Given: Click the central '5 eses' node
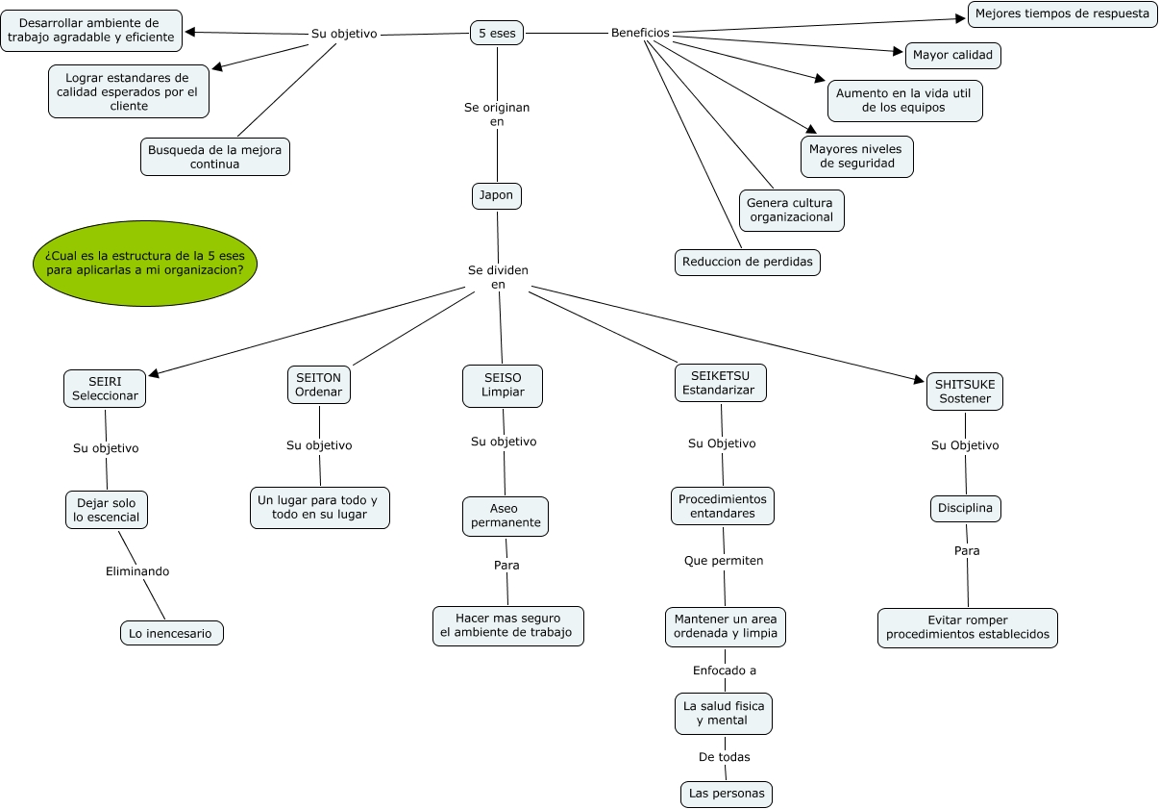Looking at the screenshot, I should pyautogui.click(x=497, y=33).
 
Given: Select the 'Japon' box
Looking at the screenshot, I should pyautogui.click(x=497, y=195).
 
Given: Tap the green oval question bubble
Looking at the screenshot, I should pyautogui.click(x=145, y=263).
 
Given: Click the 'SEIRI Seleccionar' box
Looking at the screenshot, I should pyautogui.click(x=106, y=389).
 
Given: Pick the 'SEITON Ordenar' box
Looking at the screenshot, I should pyautogui.click(x=318, y=385).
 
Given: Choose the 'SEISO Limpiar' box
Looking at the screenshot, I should pyautogui.click(x=503, y=385).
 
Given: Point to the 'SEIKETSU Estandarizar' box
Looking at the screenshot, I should pyautogui.click(x=721, y=383).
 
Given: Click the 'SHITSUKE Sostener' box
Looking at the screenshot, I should pyautogui.click(x=965, y=392).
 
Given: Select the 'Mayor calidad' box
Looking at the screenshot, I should pyautogui.click(x=952, y=56).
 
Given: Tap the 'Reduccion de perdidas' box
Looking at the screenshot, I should pyautogui.click(x=747, y=262).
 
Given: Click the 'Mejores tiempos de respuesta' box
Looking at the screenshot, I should pyautogui.click(x=1062, y=14).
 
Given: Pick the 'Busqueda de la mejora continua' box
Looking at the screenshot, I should pyautogui.click(x=214, y=157).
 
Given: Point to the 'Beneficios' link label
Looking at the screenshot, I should pyautogui.click(x=640, y=33).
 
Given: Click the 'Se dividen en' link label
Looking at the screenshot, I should pyautogui.click(x=498, y=277).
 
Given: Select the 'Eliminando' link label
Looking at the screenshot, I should pyautogui.click(x=137, y=571).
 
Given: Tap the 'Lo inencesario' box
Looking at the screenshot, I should pyautogui.click(x=171, y=633).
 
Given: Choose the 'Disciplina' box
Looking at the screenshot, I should pyautogui.click(x=965, y=508).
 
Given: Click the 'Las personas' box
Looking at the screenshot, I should pyautogui.click(x=727, y=794).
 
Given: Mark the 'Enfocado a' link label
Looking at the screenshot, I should pyautogui.click(x=725, y=670).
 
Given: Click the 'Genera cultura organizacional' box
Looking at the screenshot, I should pyautogui.click(x=791, y=210).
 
